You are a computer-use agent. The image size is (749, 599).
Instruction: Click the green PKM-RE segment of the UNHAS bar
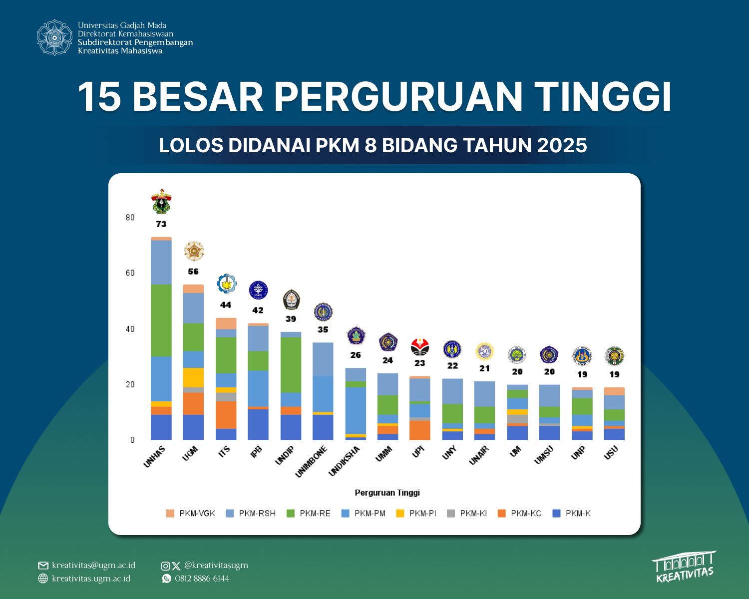tap(161, 320)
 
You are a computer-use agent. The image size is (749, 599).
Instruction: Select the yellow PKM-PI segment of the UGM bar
tap(193, 377)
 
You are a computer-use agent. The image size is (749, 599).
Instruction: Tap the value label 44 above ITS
tap(226, 305)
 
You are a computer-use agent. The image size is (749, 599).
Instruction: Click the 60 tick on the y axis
tap(130, 273)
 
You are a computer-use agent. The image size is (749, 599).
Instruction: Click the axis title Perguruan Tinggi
tap(387, 493)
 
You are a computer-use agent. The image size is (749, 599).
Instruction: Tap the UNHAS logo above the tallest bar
tap(161, 202)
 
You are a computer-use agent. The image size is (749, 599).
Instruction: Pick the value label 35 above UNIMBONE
tap(323, 329)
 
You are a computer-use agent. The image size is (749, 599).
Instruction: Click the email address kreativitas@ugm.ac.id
tap(93, 565)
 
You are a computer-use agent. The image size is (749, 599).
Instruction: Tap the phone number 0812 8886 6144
tap(202, 579)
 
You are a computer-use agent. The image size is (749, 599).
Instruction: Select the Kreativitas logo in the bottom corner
tap(684, 567)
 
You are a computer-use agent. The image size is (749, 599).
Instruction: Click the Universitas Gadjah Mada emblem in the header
tap(54, 37)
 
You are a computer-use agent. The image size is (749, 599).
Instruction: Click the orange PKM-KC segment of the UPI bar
tap(419, 430)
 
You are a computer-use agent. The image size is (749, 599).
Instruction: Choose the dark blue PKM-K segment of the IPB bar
tap(258, 424)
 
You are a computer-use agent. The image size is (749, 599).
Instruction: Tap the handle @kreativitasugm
tap(216, 565)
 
